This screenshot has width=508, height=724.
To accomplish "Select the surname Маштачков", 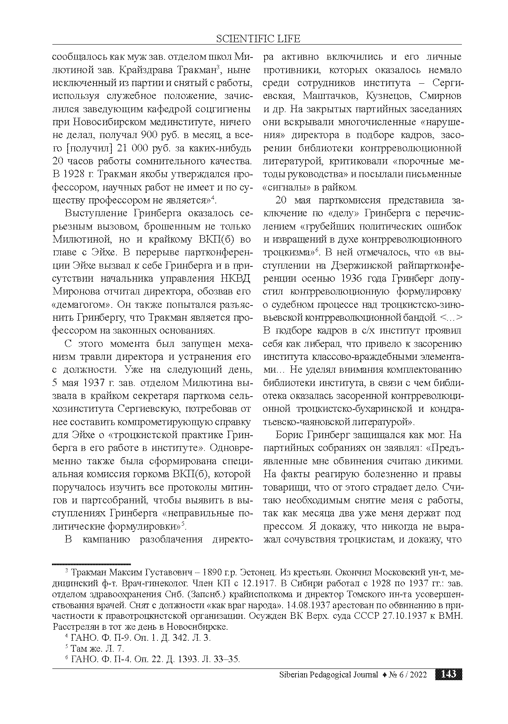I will pos(335,96).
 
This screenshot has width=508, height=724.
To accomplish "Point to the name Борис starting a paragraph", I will pos(289,435).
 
